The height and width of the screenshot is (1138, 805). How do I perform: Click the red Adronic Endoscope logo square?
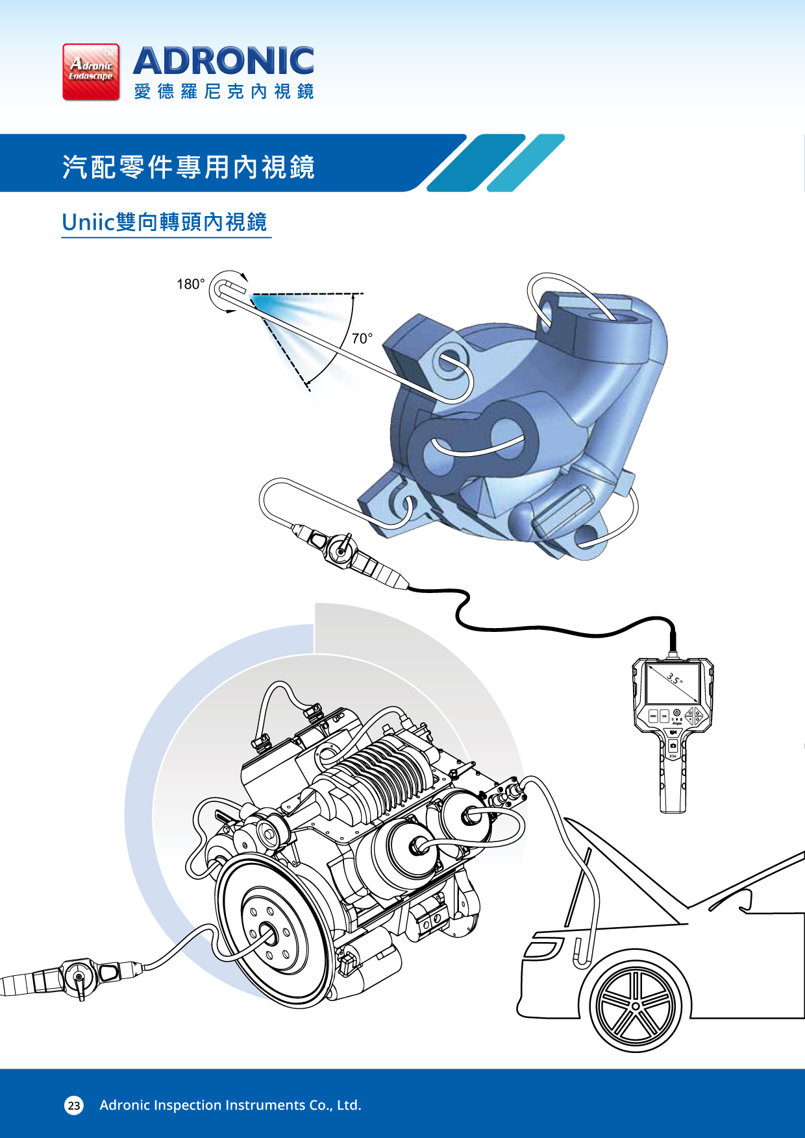pyautogui.click(x=91, y=72)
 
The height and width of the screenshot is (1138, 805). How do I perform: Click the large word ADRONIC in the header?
pyautogui.click(x=223, y=61)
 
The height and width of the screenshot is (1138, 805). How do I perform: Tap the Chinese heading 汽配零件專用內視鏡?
pyautogui.click(x=188, y=167)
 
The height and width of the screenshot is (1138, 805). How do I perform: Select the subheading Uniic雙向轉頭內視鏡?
pyautogui.click(x=164, y=222)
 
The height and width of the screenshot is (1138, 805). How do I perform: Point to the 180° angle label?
pyautogui.click(x=190, y=284)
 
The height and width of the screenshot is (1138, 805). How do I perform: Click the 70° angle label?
pyautogui.click(x=362, y=338)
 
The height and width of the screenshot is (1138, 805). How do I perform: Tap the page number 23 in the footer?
pyautogui.click(x=74, y=1105)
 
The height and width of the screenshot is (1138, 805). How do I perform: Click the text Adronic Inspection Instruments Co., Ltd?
pyautogui.click(x=230, y=1105)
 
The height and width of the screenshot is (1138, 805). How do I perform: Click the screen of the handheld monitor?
pyautogui.click(x=673, y=684)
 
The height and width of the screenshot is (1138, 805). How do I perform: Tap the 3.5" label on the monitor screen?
pyautogui.click(x=675, y=679)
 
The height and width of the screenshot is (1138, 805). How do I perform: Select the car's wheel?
pyautogui.click(x=636, y=1006)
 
